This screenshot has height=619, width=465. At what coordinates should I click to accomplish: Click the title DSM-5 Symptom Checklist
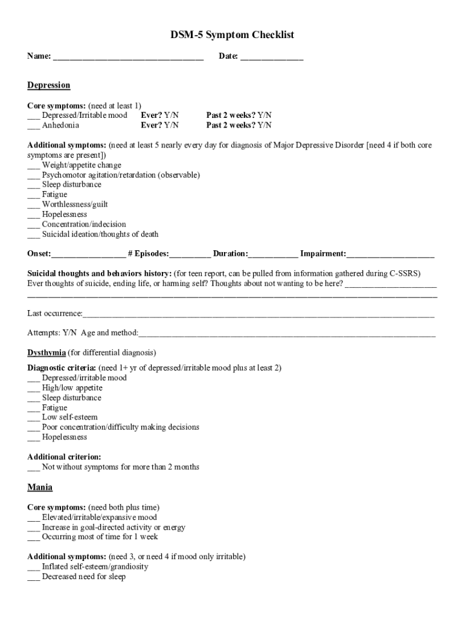[232, 35]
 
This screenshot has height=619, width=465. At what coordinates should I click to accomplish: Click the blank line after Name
[128, 57]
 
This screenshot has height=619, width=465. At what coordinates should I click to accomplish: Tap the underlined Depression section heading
[49, 85]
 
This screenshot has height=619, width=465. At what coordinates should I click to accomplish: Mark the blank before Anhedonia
[33, 126]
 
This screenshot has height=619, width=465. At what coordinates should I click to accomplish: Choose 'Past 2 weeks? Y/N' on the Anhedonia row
[239, 125]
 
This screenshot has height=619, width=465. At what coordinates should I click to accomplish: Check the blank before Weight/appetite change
[33, 166]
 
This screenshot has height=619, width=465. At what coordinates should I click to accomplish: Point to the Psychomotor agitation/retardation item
[120, 175]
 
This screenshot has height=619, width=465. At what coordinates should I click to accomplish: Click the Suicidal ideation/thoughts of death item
[100, 234]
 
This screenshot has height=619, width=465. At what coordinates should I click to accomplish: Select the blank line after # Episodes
[190, 254]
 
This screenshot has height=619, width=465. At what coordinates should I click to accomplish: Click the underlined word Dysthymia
[46, 352]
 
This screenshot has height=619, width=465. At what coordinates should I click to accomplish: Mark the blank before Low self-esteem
[33, 418]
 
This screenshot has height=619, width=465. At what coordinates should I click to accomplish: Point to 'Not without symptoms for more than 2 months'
[120, 467]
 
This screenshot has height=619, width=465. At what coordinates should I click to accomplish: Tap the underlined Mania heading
[40, 487]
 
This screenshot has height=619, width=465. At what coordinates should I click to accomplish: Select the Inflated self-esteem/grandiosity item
[95, 566]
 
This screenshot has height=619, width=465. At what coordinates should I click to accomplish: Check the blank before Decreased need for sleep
[33, 577]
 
